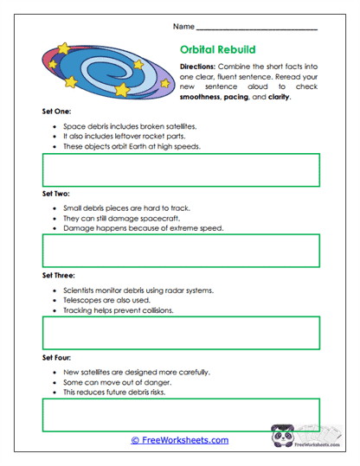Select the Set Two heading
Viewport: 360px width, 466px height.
click(55, 195)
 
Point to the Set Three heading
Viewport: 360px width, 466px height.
click(58, 275)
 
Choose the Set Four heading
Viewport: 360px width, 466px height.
click(56, 356)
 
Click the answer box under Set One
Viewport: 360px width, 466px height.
click(179, 169)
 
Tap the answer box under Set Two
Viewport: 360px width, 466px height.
click(179, 251)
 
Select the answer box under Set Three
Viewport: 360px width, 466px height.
click(179, 332)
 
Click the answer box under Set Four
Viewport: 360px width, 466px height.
click(179, 414)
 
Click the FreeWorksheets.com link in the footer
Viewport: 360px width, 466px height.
click(180, 440)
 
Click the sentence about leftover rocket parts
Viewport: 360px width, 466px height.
click(125, 136)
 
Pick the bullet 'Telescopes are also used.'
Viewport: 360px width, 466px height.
click(108, 299)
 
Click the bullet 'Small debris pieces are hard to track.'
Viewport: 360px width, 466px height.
click(127, 208)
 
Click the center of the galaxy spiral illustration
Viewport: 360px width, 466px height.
click(103, 68)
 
